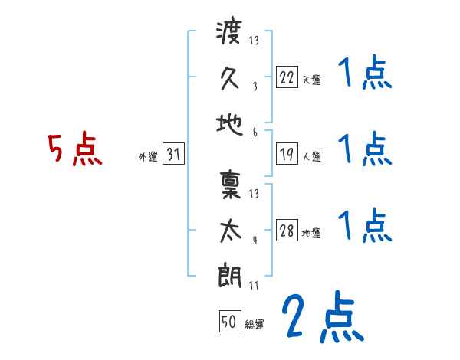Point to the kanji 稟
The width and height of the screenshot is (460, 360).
click(x=231, y=187)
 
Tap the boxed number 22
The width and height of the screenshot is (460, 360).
click(x=287, y=76)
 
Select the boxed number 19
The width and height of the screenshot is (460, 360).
click(x=287, y=154)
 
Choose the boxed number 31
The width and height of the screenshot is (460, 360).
click(x=174, y=154)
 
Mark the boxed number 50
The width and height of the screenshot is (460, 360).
click(x=229, y=322)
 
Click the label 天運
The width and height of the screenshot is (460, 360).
click(x=311, y=80)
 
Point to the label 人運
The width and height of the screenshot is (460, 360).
click(x=311, y=157)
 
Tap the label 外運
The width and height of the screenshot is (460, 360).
click(x=148, y=157)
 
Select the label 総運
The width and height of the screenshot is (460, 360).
click(x=254, y=325)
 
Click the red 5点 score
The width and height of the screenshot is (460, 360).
click(x=75, y=150)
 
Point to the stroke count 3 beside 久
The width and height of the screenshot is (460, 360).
click(x=255, y=87)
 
